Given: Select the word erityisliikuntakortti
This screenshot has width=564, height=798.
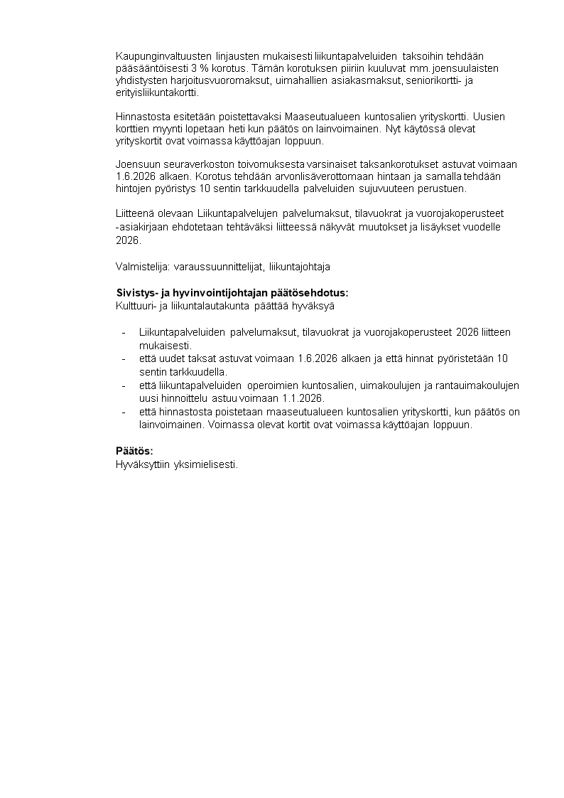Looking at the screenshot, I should pos(157,93).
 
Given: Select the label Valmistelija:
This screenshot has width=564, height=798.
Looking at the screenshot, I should pos(143,267).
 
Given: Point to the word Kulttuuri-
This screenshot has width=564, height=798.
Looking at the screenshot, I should pos(136,306).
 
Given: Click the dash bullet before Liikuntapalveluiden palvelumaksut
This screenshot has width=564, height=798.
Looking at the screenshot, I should pos(124,332).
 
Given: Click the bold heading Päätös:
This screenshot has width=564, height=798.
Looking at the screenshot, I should pos(134,451).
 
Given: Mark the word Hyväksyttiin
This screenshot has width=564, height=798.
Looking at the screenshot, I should pos(138,464).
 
